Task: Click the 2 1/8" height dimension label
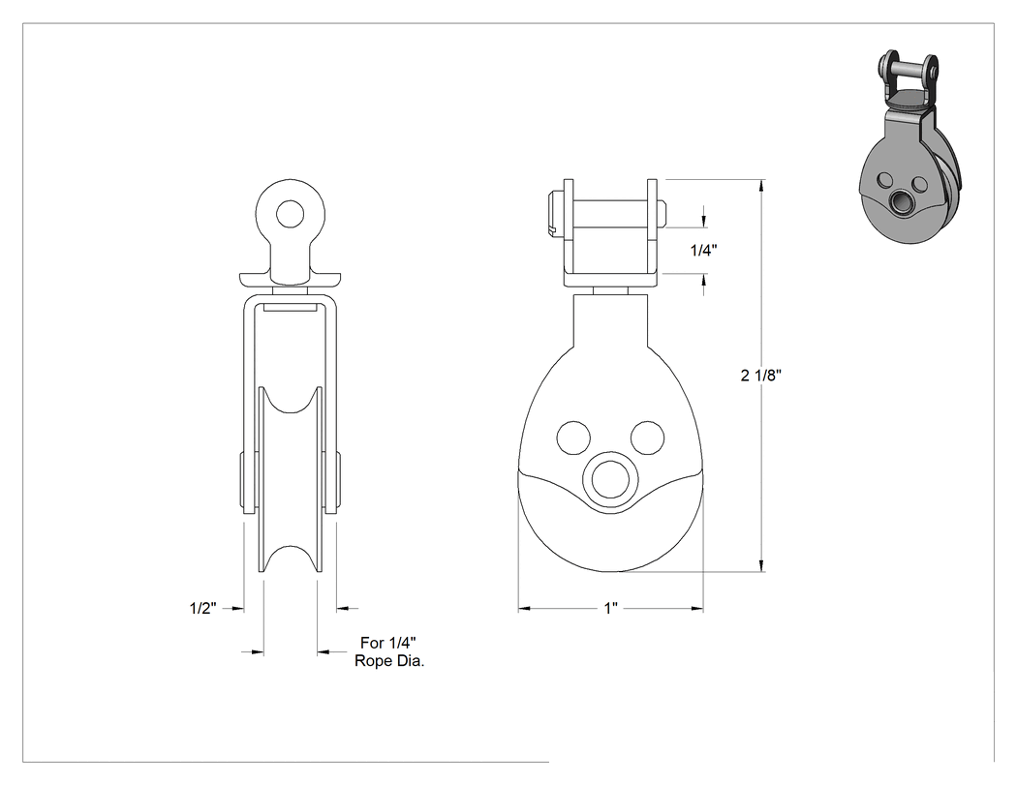click(x=760, y=375)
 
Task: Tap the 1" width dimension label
click(x=611, y=609)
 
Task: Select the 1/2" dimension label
click(x=202, y=608)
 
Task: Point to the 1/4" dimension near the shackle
click(x=704, y=251)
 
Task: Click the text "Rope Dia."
click(x=389, y=661)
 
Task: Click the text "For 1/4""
click(x=387, y=643)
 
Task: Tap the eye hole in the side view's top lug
click(x=290, y=213)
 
